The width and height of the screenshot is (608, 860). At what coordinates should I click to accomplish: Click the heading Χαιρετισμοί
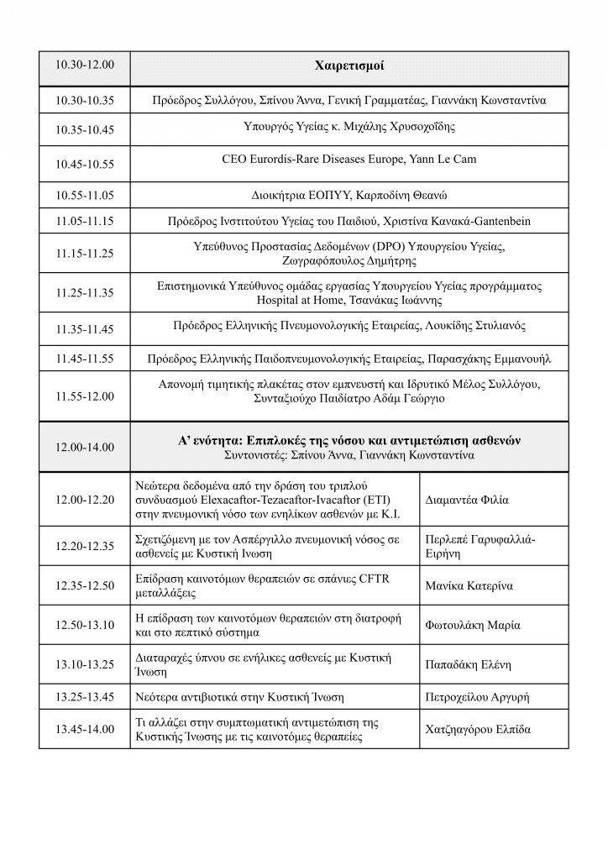tap(349, 65)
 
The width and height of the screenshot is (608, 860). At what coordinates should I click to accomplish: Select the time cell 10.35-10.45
tap(84, 130)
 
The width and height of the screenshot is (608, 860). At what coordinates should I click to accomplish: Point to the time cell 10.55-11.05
tap(84, 195)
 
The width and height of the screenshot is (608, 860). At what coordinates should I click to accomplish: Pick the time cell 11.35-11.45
tap(84, 328)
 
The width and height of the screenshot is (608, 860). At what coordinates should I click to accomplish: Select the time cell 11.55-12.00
tap(84, 396)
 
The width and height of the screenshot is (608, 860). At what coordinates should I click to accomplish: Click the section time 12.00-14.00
tap(84, 448)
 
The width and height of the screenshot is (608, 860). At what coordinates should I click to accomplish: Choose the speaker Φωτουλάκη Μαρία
tap(473, 625)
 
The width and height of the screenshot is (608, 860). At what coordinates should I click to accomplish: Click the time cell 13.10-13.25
tap(84, 665)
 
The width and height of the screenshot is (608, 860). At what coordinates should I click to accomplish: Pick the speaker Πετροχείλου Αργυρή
tap(477, 697)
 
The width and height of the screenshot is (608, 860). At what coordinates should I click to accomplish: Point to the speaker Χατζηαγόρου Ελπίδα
tap(479, 729)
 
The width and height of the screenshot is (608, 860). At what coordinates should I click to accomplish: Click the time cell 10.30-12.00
tap(84, 65)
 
